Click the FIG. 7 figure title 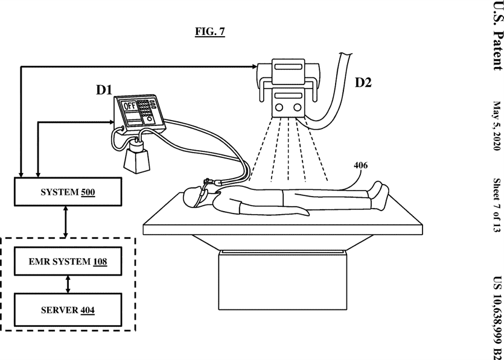point(210,31)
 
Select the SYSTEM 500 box point(68,192)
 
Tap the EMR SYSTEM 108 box point(68,261)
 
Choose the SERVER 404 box point(68,309)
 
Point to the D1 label point(104,90)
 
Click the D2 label point(363,83)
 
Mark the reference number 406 point(360,165)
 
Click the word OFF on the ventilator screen point(130,106)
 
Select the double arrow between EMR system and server point(68,284)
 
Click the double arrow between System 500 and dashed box point(66,222)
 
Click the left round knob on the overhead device point(279,107)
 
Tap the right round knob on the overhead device point(298,107)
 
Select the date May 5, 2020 point(497,125)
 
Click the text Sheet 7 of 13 point(497,205)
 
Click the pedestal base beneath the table point(283,280)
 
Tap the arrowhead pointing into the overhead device point(254,66)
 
